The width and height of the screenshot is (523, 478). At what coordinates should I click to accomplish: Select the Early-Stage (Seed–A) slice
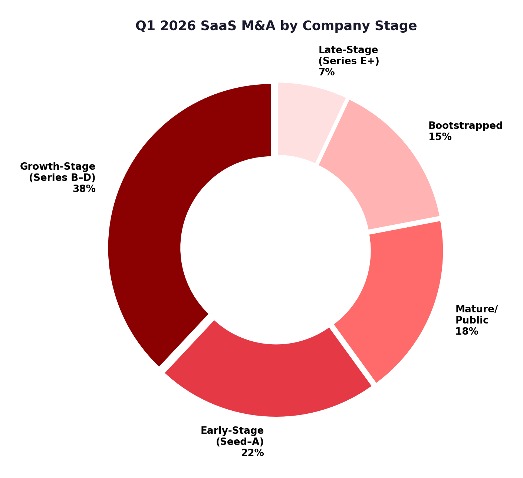[267, 379]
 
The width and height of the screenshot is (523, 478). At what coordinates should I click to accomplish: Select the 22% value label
[252, 453]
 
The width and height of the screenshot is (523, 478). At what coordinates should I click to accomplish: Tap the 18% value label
[467, 331]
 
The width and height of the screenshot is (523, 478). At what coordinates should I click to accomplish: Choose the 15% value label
[440, 137]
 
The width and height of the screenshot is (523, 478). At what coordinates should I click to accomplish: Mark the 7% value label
[326, 72]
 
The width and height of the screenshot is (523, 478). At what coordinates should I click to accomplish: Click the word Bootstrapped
[466, 126]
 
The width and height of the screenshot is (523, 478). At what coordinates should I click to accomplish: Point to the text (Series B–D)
[62, 178]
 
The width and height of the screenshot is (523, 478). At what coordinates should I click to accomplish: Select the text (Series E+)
[349, 61]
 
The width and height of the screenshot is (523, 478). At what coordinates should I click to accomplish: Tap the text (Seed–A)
[240, 442]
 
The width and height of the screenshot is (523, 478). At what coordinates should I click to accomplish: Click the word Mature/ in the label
[477, 309]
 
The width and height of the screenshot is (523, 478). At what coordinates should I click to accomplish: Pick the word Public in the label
[472, 320]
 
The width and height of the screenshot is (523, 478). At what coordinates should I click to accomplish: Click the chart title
[276, 26]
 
